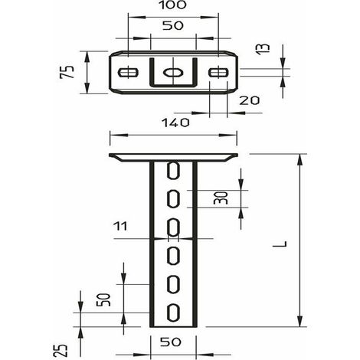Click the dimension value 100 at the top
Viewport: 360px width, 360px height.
(x=173, y=5)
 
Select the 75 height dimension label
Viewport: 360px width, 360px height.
(x=67, y=72)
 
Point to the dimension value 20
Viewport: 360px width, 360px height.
(x=249, y=100)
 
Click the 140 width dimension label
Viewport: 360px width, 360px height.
(x=175, y=123)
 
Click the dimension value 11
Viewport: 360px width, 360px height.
(x=120, y=226)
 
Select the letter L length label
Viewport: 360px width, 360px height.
(x=280, y=244)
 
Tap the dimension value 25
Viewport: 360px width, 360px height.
(x=61, y=350)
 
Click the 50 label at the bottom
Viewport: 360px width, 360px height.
(x=171, y=342)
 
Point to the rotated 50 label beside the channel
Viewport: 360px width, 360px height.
(x=103, y=299)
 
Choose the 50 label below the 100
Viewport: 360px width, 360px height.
(x=173, y=25)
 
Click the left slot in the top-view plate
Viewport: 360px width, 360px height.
(x=128, y=73)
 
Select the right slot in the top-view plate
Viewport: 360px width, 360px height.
(x=218, y=72)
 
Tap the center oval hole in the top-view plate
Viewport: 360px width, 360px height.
(x=173, y=73)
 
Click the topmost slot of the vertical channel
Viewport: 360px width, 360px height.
(x=174, y=170)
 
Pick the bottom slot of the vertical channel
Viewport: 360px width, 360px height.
(x=174, y=313)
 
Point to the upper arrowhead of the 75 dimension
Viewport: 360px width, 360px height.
(x=87, y=57)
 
